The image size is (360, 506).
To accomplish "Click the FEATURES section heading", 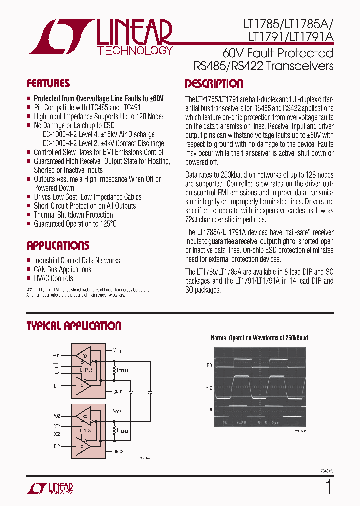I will click(48, 83).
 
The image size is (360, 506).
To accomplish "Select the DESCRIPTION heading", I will click(214, 83).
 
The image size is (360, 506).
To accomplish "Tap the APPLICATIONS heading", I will click(58, 245).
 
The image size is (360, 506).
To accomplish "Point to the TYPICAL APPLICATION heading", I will click(74, 326).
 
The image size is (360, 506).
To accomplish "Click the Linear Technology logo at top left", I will click(100, 37).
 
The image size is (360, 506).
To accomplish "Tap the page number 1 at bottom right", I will click(328, 487).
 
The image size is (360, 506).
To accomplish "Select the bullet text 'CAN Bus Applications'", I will click(62, 270).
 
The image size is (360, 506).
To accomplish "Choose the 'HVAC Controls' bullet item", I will click(53, 279).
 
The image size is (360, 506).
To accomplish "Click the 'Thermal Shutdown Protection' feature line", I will click(73, 215).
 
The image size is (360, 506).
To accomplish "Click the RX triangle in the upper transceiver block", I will click(84, 356).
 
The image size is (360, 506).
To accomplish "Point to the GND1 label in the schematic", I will click(118, 392).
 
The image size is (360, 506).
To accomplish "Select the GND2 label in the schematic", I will click(118, 451).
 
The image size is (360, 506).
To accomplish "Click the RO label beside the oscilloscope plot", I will click(209, 366).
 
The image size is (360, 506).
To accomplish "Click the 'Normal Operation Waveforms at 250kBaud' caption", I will click(259, 338).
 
